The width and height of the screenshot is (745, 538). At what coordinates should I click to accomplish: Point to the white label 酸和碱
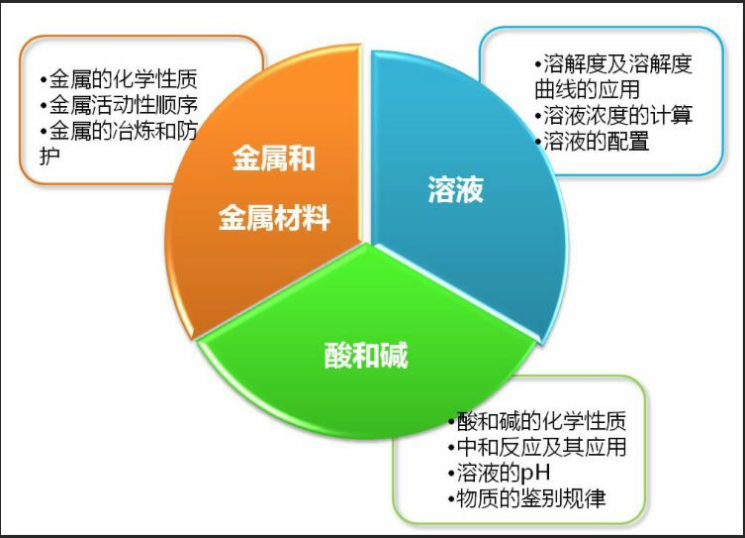tap(366, 354)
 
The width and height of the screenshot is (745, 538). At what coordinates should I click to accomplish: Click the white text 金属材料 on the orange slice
tap(274, 217)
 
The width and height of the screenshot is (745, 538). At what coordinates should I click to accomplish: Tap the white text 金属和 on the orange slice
tap(274, 159)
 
